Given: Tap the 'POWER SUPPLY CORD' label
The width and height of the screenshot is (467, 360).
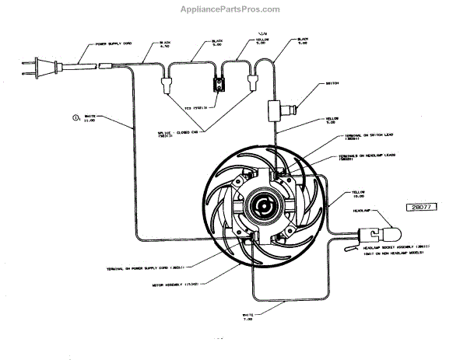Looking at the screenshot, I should tap(120, 45).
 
